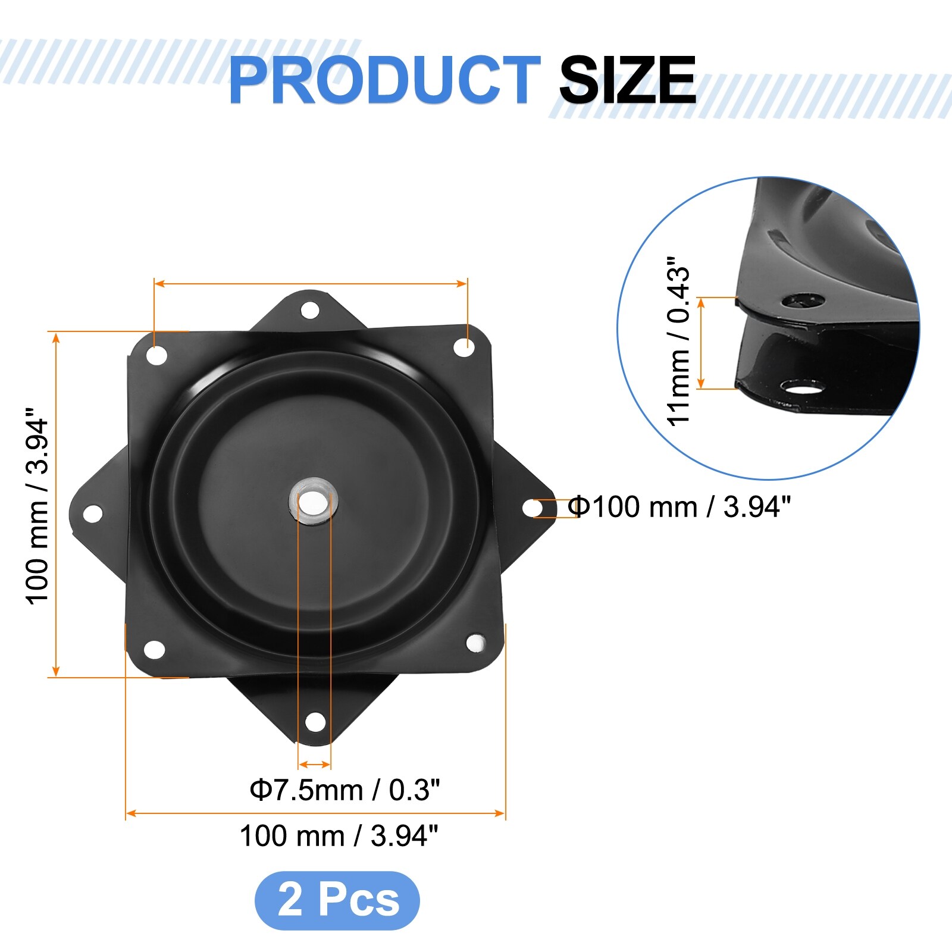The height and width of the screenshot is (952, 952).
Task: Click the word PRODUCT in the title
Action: point(384,80)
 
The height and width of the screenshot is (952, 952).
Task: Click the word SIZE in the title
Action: point(628,80)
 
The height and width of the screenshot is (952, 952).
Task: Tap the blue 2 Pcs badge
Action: point(337,900)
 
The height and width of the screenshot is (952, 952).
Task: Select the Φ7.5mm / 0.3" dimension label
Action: point(345,790)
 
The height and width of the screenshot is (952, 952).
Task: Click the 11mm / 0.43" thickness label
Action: point(679,342)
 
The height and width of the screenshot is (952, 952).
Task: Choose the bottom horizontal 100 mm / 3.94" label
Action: point(339,835)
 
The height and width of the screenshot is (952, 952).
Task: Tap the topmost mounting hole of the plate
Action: point(310,310)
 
